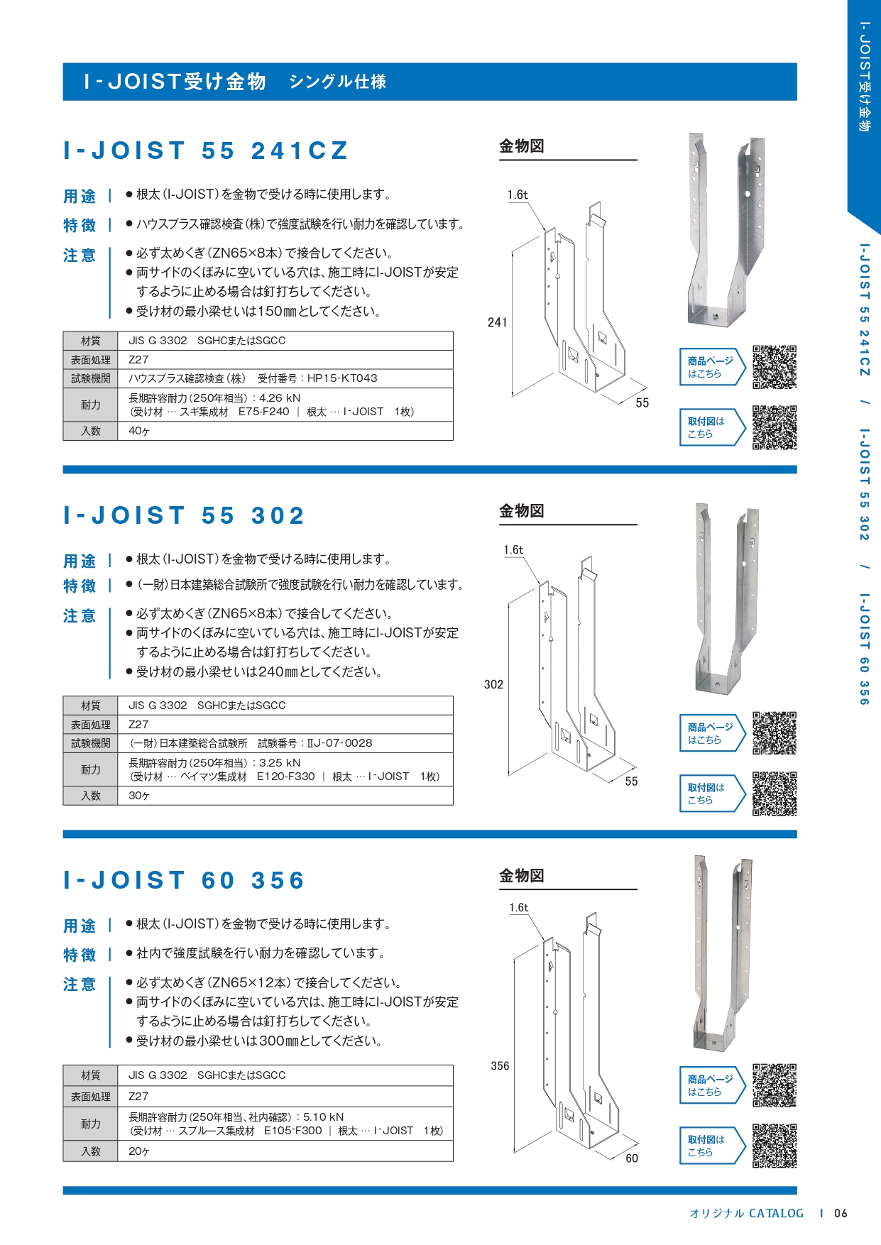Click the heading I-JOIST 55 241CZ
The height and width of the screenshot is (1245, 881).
[x=206, y=150]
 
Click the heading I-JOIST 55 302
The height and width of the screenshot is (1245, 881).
[x=184, y=515]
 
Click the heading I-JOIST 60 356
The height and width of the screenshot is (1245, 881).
[x=184, y=880]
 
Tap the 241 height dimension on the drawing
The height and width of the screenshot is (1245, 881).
[x=497, y=322]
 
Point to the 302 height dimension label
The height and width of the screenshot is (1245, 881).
[x=493, y=684]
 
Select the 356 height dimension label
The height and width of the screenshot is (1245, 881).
[x=500, y=1065]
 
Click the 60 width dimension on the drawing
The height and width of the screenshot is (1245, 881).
[x=632, y=1158]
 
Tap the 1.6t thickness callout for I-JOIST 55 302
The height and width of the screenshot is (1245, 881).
[x=513, y=549]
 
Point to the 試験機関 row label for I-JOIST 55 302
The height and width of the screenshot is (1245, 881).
[x=91, y=743]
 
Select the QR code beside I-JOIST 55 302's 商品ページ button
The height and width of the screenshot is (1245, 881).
[x=775, y=733]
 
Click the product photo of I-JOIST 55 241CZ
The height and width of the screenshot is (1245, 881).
[x=726, y=230]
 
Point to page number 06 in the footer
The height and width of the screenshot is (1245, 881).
[x=841, y=1213]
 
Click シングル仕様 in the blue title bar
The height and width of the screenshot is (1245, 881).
[x=338, y=82]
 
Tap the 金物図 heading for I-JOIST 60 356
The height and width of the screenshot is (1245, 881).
[x=522, y=876]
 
